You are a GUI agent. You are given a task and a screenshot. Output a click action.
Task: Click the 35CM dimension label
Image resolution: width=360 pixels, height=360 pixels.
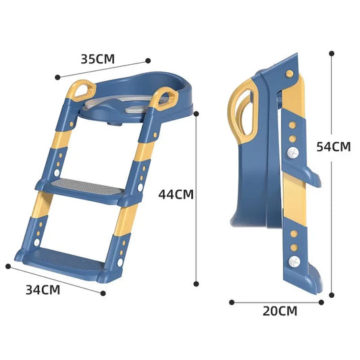pos(97,58)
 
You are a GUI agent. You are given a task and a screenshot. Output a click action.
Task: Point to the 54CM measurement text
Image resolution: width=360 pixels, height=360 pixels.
pos(334,146)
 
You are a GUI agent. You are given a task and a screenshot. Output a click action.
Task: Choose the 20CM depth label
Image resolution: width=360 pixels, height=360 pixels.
pos(280,311)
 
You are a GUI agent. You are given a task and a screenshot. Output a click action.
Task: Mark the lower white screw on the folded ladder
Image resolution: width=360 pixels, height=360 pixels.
pos(294,260)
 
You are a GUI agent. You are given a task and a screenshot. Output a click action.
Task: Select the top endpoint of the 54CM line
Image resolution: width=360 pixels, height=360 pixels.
pos(332,52)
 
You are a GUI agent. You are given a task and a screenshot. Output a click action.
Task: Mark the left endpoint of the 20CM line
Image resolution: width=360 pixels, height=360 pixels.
pos(231,302)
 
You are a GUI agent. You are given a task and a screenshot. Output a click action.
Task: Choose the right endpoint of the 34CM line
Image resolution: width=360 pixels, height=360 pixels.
pos(103,293)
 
